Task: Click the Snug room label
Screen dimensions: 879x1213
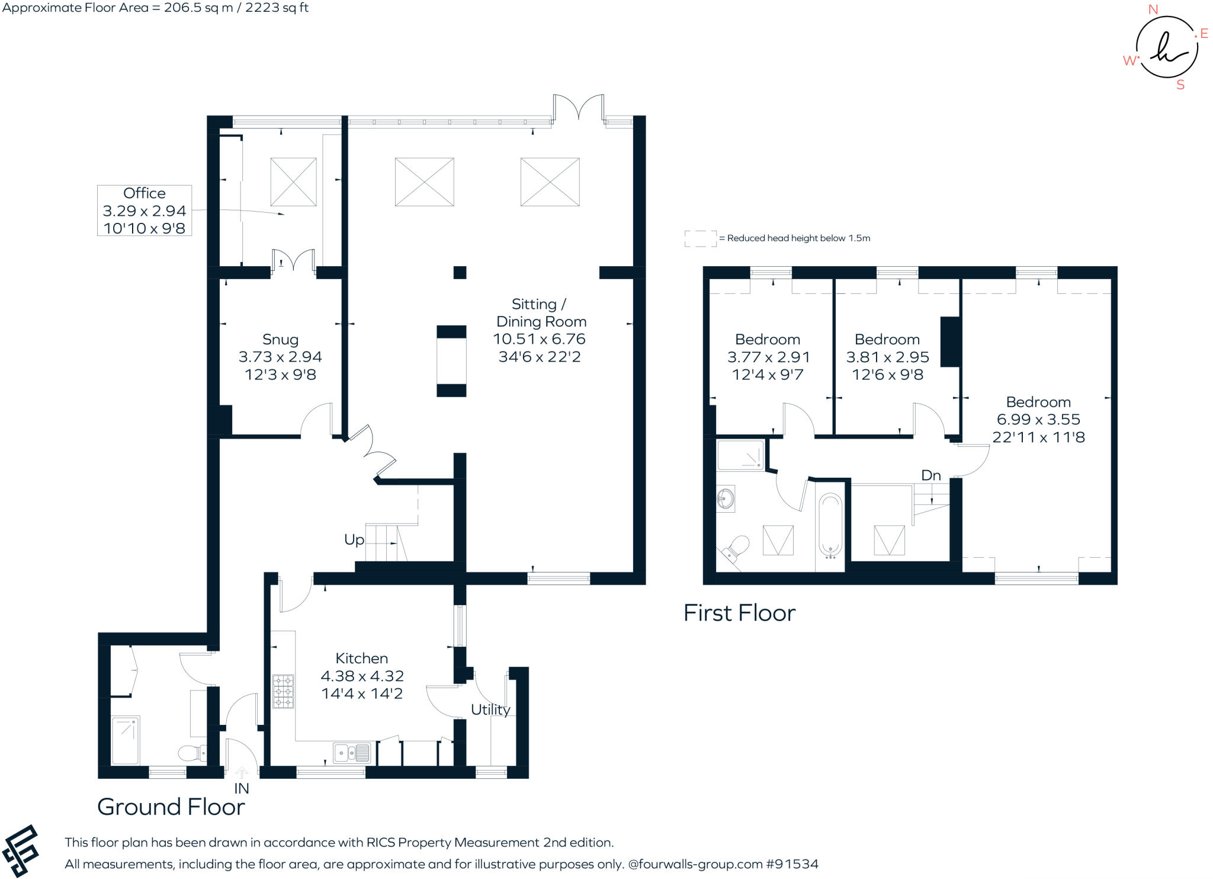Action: point(280,340)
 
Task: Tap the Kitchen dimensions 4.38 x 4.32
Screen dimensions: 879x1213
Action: point(362,676)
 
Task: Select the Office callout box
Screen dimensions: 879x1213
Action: point(145,210)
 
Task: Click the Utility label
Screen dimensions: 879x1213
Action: point(490,709)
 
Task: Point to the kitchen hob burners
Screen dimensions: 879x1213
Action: point(283,692)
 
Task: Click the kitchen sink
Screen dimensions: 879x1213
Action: point(351,753)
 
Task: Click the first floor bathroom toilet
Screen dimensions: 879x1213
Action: point(736,548)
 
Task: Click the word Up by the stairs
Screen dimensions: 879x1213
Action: point(354,540)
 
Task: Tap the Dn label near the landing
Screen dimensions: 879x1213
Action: point(930,475)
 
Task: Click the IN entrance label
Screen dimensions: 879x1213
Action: point(242,788)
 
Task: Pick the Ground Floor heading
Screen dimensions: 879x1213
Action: point(171,807)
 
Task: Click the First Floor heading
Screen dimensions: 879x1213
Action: point(739,613)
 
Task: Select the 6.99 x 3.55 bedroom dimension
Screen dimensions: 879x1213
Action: point(1038,420)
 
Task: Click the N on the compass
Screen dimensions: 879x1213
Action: point(1153,9)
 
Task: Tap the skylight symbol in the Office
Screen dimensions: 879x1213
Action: point(293,182)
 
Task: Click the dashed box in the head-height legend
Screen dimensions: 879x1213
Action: point(700,238)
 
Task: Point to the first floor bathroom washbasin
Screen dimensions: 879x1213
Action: point(726,498)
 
